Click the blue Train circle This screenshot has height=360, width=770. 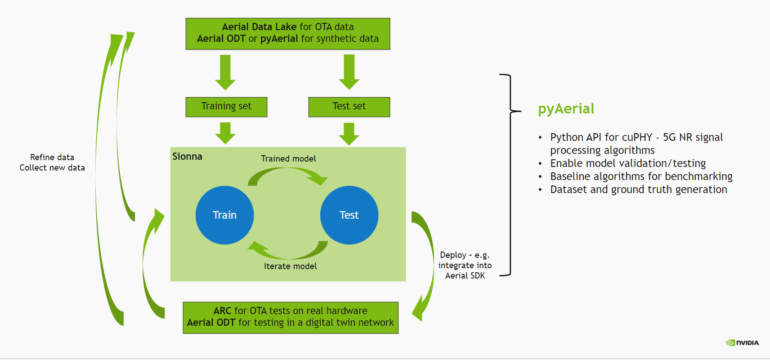click(x=224, y=215)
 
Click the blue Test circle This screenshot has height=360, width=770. click(x=349, y=215)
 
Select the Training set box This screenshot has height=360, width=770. click(x=226, y=107)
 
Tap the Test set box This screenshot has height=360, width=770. click(x=349, y=107)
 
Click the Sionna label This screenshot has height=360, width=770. click(x=187, y=157)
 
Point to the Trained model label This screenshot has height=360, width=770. click(x=288, y=158)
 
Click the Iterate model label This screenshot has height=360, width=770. click(x=290, y=266)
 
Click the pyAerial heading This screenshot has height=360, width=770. click(x=566, y=108)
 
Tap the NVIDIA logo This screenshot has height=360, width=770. click(x=743, y=342)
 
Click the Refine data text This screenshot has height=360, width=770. click(x=52, y=157)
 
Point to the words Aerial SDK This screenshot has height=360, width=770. click(x=465, y=275)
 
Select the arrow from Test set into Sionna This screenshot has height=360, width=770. click(x=349, y=133)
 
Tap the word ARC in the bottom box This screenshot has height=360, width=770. click(x=222, y=311)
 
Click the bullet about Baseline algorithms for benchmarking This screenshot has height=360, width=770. click(x=641, y=176)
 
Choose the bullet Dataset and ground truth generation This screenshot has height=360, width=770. click(x=638, y=189)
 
